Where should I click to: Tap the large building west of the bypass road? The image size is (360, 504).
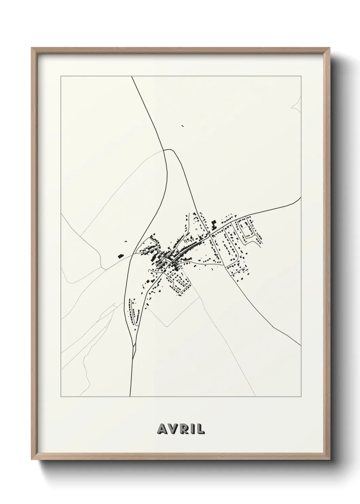120,255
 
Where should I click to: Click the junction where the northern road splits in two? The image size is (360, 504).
164,150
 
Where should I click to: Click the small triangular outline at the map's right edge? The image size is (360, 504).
297,104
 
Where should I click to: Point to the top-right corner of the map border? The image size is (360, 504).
301,76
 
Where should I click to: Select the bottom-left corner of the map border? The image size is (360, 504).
61,397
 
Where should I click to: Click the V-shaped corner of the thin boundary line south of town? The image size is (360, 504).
166,327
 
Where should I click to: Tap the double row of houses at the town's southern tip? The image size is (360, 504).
132,311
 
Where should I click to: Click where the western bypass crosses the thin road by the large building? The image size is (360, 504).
131,254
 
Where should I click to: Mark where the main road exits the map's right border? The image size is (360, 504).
301,197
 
